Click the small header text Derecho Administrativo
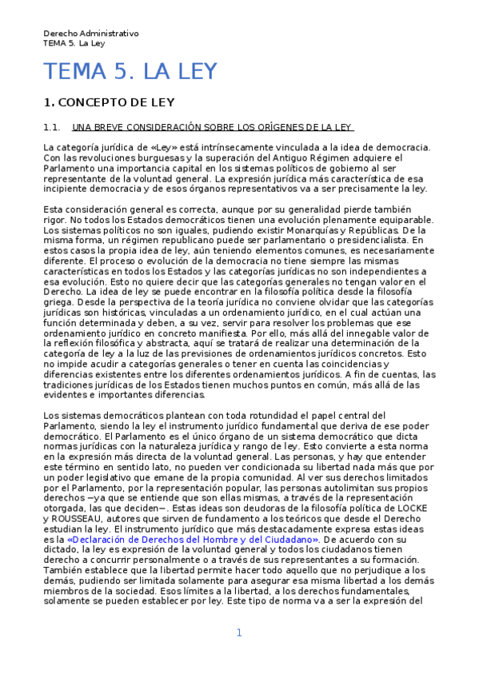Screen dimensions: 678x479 click(x=91, y=34)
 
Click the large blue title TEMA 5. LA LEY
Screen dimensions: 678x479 click(x=130, y=72)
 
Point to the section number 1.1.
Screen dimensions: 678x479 click(x=52, y=127)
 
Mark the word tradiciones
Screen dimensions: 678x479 click(x=74, y=385)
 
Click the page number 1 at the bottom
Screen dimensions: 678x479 click(x=238, y=633)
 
